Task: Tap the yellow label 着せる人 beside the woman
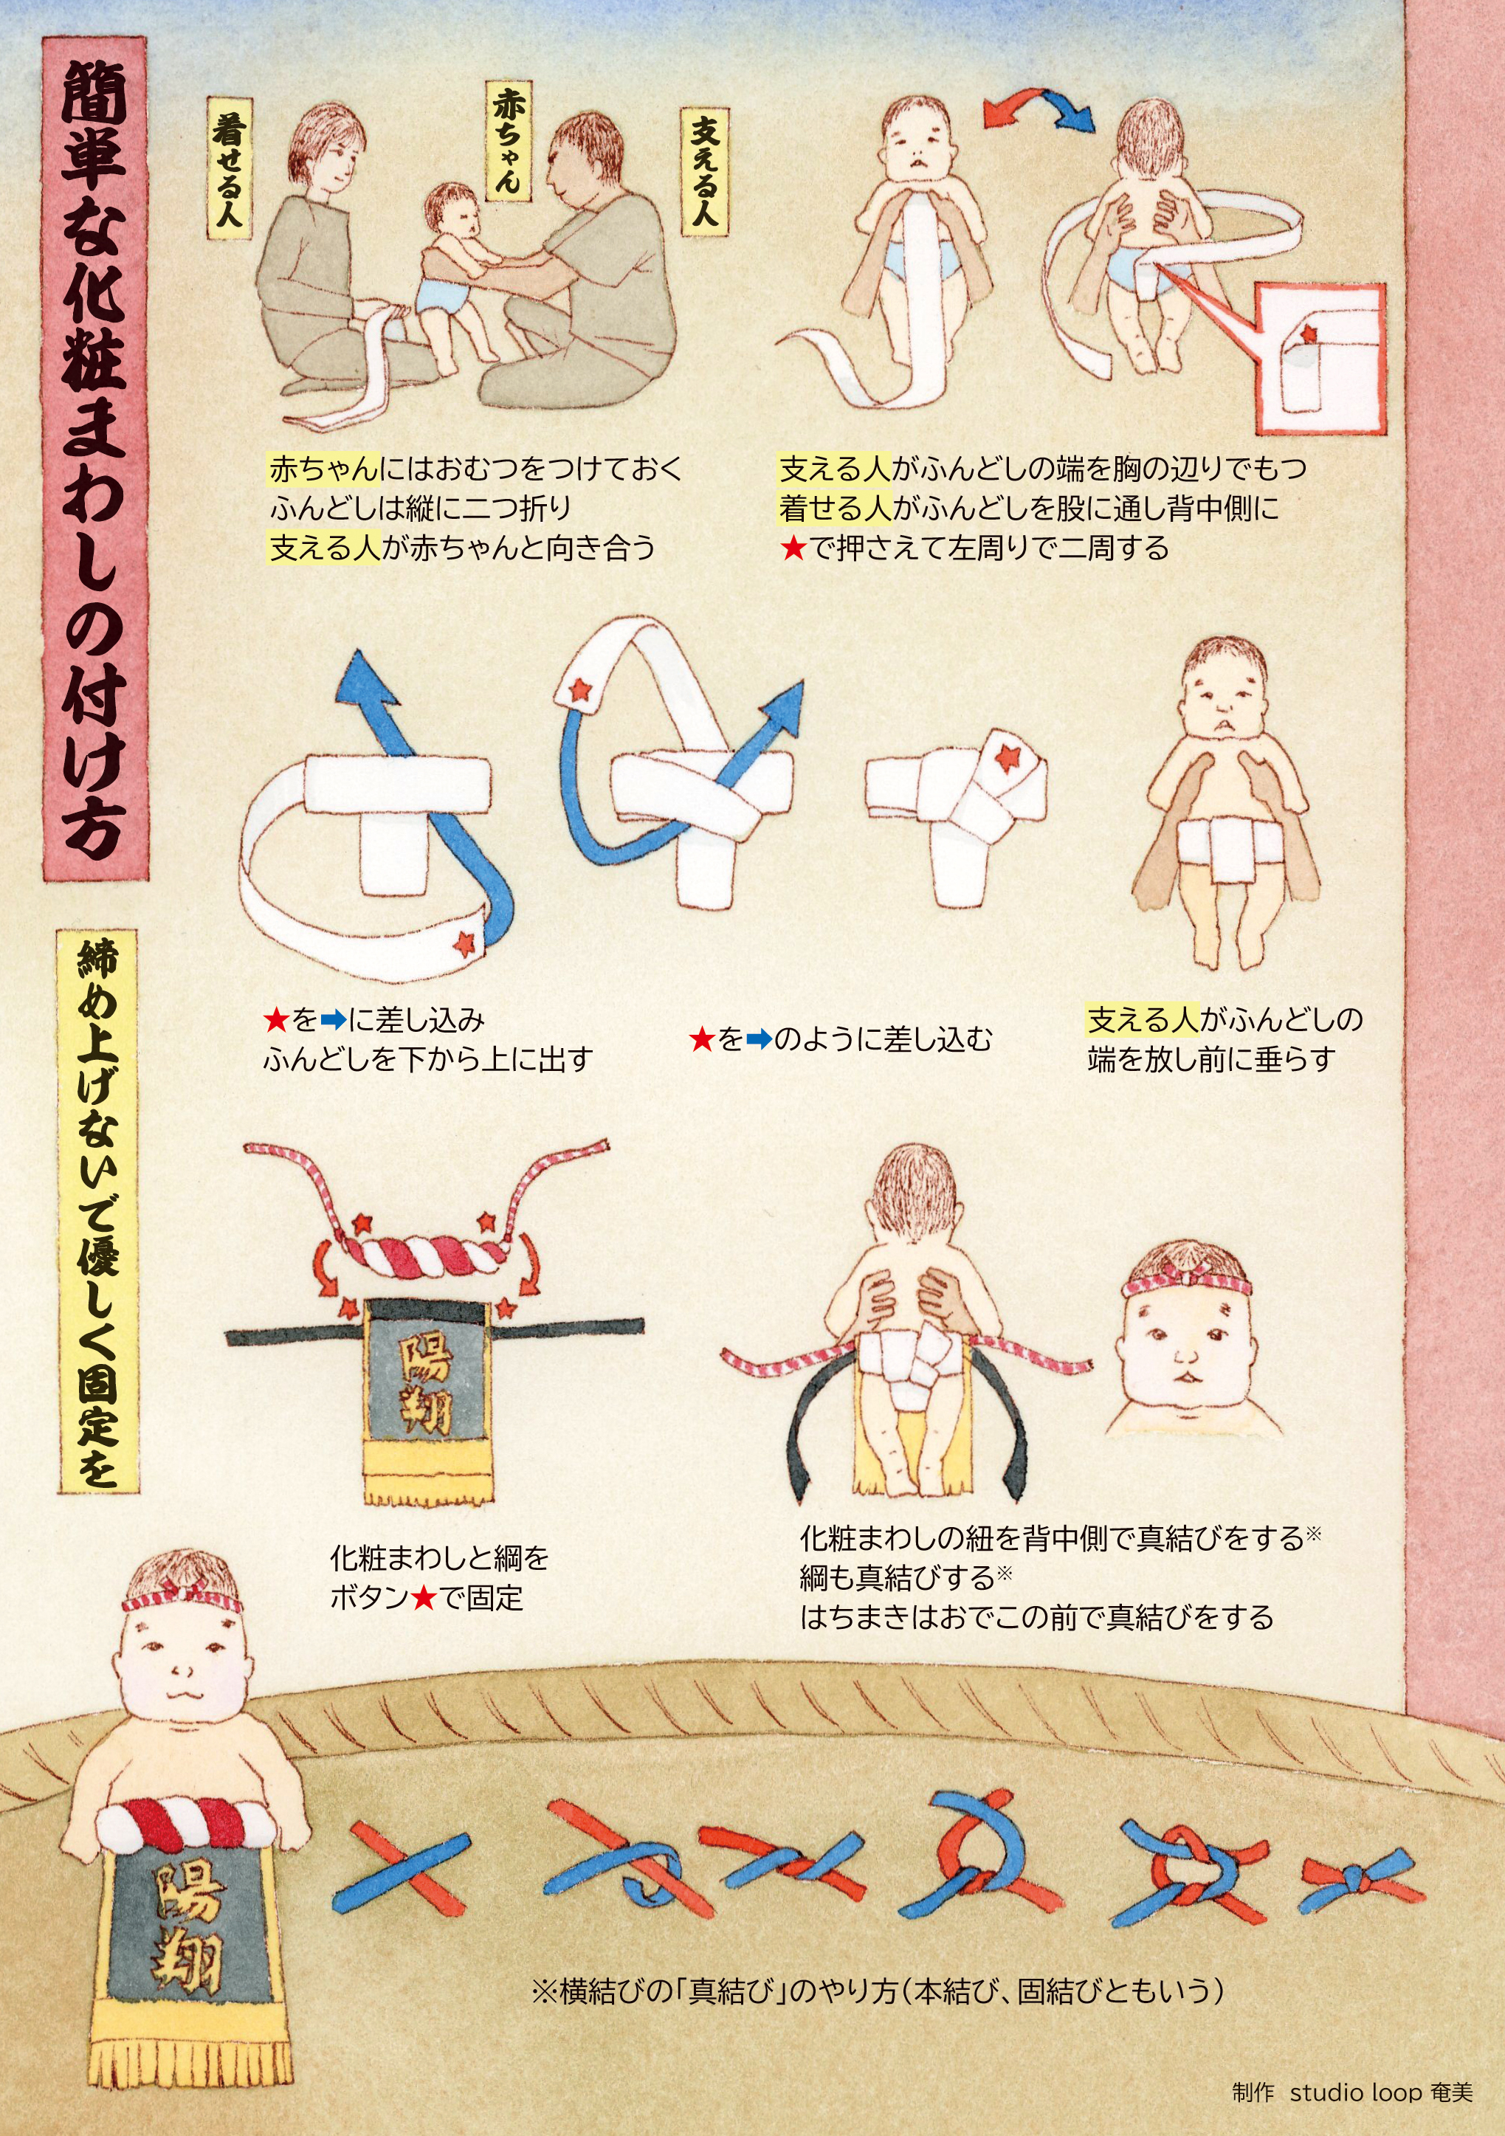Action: click(229, 171)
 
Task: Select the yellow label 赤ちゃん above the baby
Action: click(509, 139)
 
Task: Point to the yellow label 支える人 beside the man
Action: click(704, 171)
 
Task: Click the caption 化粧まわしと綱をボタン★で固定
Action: click(438, 1578)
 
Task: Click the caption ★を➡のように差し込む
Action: click(841, 1038)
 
